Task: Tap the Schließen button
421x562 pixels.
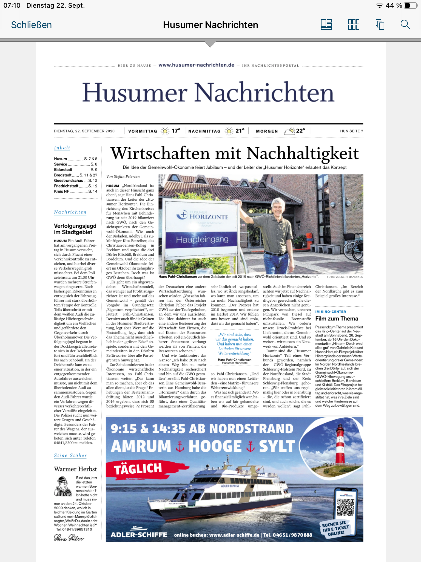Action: pos(31,25)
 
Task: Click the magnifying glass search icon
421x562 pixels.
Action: pos(405,25)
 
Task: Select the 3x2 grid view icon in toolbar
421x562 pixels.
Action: pos(354,25)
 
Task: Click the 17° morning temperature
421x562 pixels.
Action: pos(176,131)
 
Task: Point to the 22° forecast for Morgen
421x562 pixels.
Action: pos(300,131)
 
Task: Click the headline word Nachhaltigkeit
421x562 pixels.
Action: pos(303,153)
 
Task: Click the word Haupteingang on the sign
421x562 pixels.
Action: pos(202,239)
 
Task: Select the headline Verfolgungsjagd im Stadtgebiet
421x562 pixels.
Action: pos(75,229)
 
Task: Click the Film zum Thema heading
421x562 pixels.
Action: pos(337,319)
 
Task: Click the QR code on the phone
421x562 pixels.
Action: pos(345,507)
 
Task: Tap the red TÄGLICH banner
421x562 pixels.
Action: pos(138,469)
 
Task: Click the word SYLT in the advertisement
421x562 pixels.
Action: pos(277,446)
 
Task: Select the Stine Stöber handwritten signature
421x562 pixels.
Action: pos(69,538)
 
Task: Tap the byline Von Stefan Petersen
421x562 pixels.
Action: pos(123,176)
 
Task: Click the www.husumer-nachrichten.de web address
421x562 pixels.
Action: pos(196,65)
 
